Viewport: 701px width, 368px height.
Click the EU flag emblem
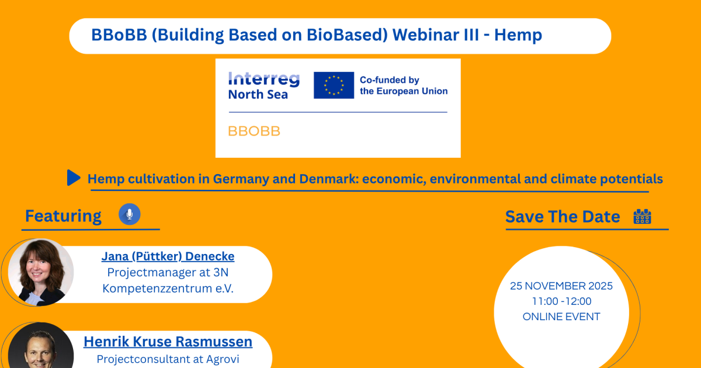coord(334,85)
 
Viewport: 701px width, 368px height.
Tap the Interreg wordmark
coord(264,79)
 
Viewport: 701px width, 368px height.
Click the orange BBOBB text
coord(254,131)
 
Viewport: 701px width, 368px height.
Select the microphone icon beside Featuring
coord(130,214)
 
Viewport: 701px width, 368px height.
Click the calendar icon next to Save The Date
coord(642,217)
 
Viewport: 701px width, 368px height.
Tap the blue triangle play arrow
coord(74,178)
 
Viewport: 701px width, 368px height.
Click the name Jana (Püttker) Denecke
coord(168,256)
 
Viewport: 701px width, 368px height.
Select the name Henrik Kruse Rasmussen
coord(168,341)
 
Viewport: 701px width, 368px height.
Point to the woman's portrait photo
coord(41,272)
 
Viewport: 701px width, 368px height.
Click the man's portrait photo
coord(41,345)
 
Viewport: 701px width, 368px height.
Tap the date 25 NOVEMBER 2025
coord(561,286)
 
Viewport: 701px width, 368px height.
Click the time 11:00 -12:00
coord(562,301)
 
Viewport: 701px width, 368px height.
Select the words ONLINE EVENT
coord(561,317)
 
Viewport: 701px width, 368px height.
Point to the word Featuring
coord(63,216)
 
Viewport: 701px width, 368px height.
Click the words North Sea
coord(258,95)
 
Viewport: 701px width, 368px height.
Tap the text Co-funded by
coord(389,80)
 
